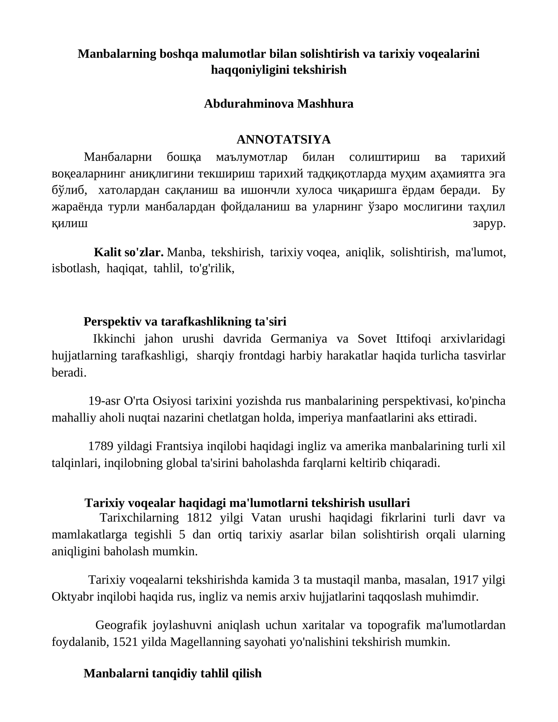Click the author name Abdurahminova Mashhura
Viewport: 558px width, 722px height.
(278, 104)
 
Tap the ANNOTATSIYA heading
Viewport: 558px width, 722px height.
(283, 140)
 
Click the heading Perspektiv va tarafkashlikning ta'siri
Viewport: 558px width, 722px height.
(185, 321)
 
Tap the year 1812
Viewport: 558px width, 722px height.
(199, 518)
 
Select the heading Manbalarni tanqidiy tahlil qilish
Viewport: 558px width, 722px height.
(172, 673)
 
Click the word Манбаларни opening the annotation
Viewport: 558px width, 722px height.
(118, 157)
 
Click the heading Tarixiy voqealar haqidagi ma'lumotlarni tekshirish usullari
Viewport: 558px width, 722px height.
(247, 503)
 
